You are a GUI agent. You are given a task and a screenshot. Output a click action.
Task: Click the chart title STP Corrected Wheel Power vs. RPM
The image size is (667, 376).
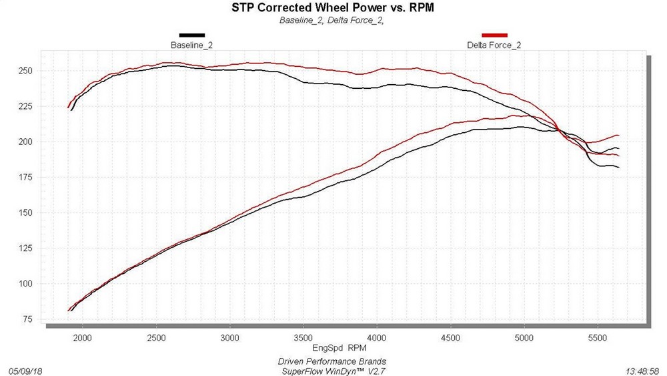point(333,8)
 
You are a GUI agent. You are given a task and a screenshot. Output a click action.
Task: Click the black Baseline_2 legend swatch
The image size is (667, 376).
point(191,35)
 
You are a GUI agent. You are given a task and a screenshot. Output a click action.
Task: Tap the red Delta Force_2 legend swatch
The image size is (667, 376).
point(494,35)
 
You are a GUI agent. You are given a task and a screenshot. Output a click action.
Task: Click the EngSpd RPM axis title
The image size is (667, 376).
point(340,348)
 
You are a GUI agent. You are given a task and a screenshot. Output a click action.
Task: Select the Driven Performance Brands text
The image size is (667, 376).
point(331,361)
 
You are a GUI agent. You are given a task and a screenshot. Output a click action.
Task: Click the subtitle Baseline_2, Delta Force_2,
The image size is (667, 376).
point(333,20)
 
